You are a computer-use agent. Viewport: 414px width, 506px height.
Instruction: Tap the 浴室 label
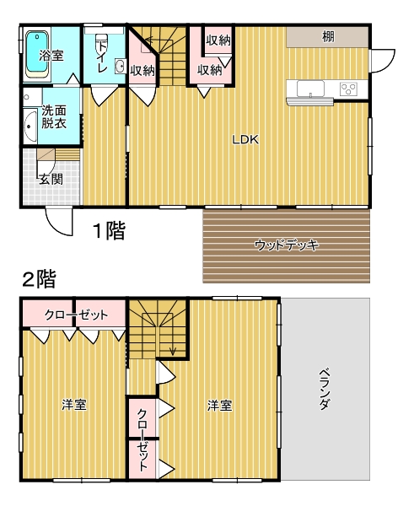coord(51,56)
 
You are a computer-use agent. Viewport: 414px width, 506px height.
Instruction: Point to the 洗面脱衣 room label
coord(54,117)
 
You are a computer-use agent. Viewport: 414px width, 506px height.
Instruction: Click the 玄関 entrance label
coord(51,179)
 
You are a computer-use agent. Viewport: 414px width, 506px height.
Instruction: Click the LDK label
coord(246,140)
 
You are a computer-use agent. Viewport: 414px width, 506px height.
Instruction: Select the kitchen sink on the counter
coord(310,89)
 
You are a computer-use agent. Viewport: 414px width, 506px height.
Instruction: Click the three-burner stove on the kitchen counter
coord(348,89)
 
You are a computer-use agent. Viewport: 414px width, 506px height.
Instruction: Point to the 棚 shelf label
coord(329,36)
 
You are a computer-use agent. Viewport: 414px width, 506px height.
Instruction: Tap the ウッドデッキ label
coord(287,245)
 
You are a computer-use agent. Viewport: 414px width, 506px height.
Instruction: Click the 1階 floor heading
coord(109,230)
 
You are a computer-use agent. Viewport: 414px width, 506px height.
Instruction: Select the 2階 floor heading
coord(40,279)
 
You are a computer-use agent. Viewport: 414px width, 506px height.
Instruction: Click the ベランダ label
coord(325,389)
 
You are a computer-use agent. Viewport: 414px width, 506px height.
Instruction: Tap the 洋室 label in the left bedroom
coord(74,405)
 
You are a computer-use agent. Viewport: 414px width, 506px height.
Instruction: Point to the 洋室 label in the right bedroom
coord(219,406)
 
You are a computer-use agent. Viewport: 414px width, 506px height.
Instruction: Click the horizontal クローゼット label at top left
coord(76,315)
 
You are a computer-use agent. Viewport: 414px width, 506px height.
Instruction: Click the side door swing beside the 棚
coord(382,61)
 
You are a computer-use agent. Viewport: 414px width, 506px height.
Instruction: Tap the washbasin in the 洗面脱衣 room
coord(30,126)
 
